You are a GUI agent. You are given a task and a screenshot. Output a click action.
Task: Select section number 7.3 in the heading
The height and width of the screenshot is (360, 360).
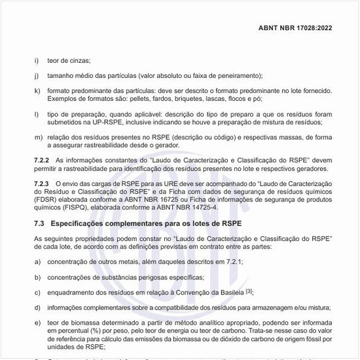pos(39,224)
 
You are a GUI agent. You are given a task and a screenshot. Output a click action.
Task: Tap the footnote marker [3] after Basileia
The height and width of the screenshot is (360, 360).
pos(249,290)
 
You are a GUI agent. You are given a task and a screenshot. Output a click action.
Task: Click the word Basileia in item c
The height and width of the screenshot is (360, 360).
pos(231,291)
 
